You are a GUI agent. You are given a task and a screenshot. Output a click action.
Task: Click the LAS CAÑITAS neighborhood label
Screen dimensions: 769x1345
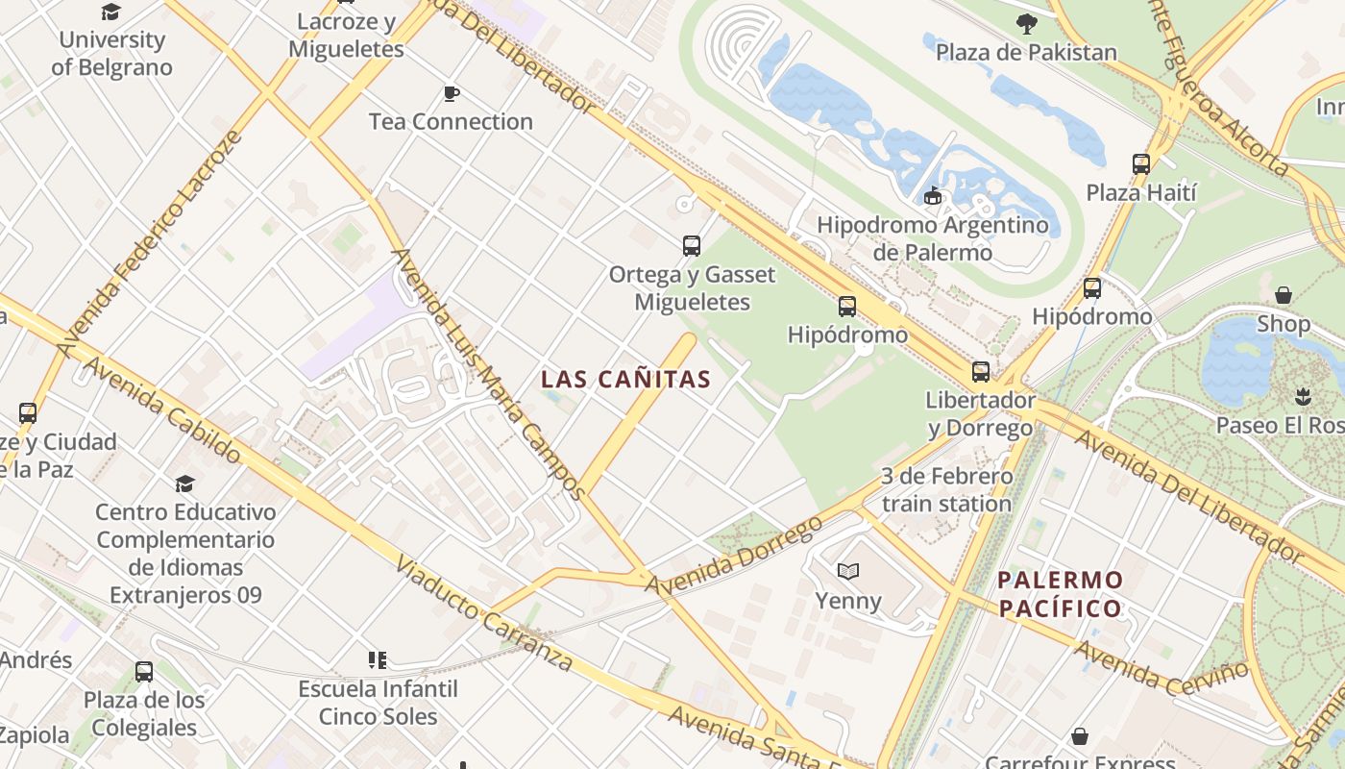click(x=626, y=379)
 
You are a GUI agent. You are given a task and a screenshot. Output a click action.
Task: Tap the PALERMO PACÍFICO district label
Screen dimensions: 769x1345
click(x=1060, y=594)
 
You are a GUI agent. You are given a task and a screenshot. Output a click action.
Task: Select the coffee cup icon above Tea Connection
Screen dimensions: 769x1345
click(x=451, y=93)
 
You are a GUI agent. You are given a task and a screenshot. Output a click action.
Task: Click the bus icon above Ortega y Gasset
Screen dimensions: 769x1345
click(x=691, y=245)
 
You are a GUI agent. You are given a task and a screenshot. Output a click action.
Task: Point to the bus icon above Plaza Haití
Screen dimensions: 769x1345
click(x=1140, y=163)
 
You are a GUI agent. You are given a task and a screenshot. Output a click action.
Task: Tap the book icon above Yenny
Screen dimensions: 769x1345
click(x=847, y=572)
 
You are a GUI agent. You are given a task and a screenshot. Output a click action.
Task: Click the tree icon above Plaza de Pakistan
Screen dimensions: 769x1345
click(x=1026, y=24)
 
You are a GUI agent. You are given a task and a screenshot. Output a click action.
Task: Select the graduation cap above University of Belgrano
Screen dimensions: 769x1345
click(x=111, y=12)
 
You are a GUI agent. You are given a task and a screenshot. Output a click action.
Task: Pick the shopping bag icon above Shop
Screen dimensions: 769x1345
click(x=1283, y=295)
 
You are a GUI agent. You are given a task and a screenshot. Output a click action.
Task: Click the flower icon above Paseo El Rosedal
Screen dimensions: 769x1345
click(x=1302, y=396)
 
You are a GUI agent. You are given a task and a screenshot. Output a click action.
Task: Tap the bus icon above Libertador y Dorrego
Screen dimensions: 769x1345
click(x=980, y=371)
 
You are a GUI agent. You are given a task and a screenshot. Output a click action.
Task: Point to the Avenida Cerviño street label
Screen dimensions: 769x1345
click(x=1162, y=669)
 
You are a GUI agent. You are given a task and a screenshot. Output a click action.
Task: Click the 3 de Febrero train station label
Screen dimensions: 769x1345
click(x=946, y=490)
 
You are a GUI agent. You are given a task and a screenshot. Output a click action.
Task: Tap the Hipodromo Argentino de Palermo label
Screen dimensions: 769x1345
click(x=932, y=239)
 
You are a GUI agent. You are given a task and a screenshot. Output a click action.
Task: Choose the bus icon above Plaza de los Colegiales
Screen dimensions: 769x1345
click(x=143, y=671)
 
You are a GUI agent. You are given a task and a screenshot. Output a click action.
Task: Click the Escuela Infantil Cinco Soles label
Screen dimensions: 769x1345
click(x=378, y=703)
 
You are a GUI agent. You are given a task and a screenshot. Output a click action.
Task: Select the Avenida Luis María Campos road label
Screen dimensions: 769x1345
click(x=487, y=375)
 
